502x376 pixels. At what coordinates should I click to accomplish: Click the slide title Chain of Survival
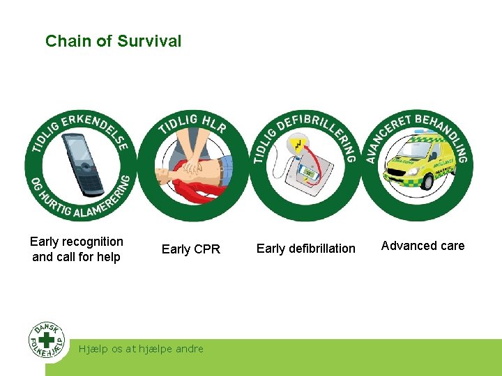pyautogui.click(x=113, y=41)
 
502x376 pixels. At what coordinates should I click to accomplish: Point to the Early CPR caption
pyautogui.click(x=190, y=249)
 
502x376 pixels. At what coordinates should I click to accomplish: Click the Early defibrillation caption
pyautogui.click(x=305, y=249)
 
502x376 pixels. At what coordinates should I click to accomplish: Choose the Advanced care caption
pyautogui.click(x=423, y=246)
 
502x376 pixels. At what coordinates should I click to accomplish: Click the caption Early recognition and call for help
pyautogui.click(x=76, y=249)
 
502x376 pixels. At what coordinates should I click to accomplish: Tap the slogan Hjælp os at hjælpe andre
pyautogui.click(x=142, y=349)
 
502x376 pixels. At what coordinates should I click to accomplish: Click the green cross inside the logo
pyautogui.click(x=47, y=340)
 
